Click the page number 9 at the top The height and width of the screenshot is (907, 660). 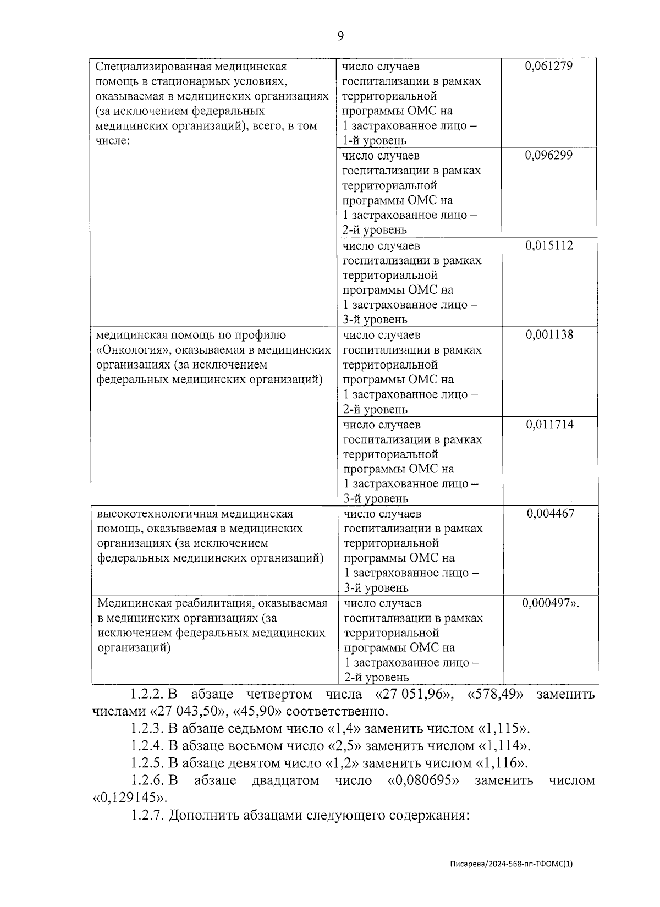[340, 36]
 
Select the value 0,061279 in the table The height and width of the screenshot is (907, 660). [549, 66]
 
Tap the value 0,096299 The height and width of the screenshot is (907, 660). [549, 156]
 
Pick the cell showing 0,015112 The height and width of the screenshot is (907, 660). [549, 245]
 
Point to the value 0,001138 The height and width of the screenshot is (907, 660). [549, 334]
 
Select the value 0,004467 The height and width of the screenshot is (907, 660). [551, 514]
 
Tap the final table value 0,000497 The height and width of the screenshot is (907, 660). [551, 603]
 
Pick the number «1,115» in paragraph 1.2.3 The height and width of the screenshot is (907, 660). [503, 729]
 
